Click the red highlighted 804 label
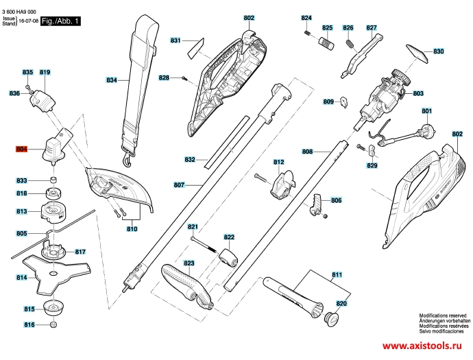(21, 149)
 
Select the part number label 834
(112, 80)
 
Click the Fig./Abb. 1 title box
(60, 21)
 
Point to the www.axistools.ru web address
(422, 346)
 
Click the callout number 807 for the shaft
(179, 184)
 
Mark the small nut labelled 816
(53, 325)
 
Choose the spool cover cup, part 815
(54, 308)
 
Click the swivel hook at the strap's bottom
(128, 159)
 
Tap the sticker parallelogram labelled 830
(417, 54)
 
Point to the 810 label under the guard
(132, 229)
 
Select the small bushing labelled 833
(54, 180)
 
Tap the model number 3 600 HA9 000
(19, 12)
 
